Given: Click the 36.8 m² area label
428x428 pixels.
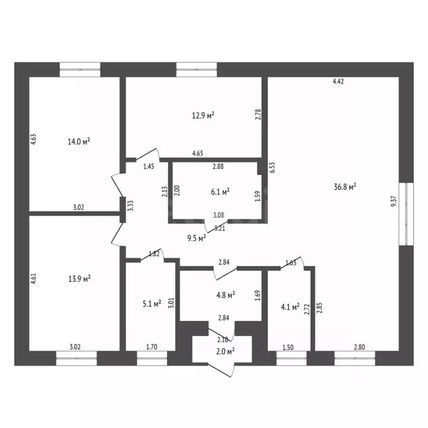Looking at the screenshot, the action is click(x=345, y=187).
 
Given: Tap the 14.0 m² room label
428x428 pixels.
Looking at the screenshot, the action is click(x=79, y=142).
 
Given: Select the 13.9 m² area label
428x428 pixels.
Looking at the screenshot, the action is click(x=79, y=279).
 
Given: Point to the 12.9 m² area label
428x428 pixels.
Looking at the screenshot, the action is click(x=203, y=115).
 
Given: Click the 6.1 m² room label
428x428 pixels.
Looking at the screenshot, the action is click(x=220, y=192).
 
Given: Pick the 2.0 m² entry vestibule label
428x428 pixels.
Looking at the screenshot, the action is click(x=225, y=351).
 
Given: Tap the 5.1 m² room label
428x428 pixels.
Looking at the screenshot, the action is click(x=152, y=303).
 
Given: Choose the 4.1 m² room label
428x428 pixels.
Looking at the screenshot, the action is click(x=290, y=307).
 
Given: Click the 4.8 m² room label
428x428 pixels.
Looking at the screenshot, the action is click(x=226, y=295).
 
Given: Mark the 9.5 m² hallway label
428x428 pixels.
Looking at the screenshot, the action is click(x=197, y=239).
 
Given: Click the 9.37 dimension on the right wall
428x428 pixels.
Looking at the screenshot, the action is click(x=393, y=201).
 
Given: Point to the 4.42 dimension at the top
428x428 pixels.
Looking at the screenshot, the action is click(x=338, y=81).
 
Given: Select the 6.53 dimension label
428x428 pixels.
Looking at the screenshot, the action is click(x=272, y=168).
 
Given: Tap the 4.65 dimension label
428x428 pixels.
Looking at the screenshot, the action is click(x=198, y=153).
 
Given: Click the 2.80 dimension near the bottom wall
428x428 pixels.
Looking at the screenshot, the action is click(x=359, y=347).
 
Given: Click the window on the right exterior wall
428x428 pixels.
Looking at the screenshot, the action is click(x=406, y=214).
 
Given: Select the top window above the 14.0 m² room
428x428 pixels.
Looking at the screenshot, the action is click(x=80, y=70).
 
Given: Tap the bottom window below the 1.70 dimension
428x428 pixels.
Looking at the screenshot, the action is click(x=152, y=358).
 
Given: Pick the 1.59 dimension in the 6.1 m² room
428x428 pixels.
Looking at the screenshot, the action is click(x=257, y=196).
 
